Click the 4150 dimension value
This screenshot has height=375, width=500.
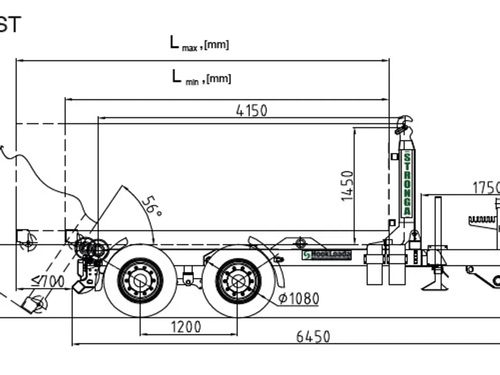tap(252, 111)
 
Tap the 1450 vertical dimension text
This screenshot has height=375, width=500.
tap(347, 186)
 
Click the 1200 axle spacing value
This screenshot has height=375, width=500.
tap(186, 327)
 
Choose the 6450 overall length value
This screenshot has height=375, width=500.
tap(313, 336)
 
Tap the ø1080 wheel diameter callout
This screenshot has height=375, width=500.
tap(299, 299)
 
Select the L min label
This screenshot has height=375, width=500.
tap(201, 77)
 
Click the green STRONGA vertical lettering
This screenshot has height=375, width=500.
tap(407, 184)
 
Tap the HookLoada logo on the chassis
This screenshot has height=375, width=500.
tap(327, 255)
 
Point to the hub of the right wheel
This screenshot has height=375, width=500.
tap(237, 280)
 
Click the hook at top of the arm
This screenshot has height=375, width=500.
tap(404, 124)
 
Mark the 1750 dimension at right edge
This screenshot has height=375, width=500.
tap(486, 188)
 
